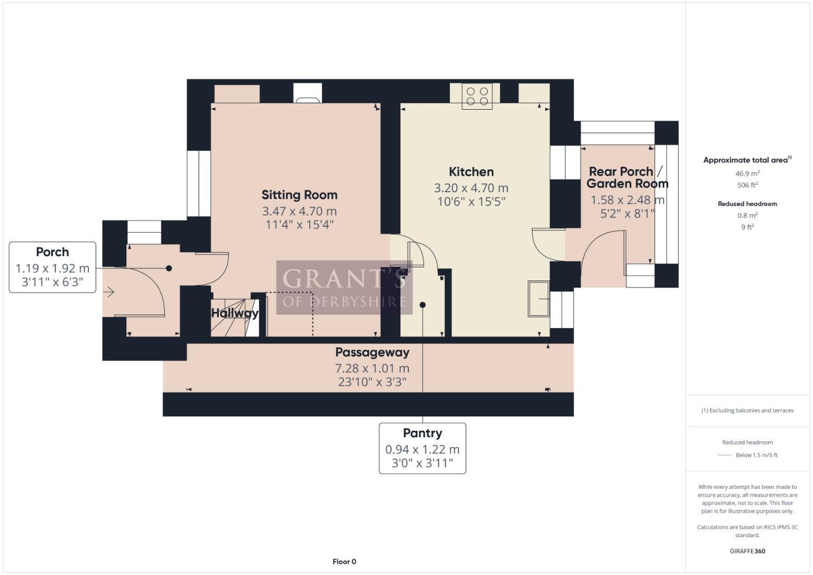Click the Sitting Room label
[x=299, y=195]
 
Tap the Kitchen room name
[x=471, y=171]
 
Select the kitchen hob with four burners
[x=477, y=96]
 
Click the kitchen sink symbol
[x=538, y=299]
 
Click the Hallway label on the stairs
[x=235, y=313]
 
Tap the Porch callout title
[x=52, y=252]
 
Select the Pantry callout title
[x=422, y=433]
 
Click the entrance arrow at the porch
[x=110, y=292]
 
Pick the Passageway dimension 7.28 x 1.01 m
[x=372, y=368]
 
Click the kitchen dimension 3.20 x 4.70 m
[x=471, y=188]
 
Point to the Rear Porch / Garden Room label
[x=627, y=178]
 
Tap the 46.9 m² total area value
[x=747, y=173]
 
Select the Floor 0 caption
[x=344, y=562]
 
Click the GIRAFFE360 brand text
[x=747, y=551]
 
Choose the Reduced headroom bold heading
[x=747, y=203]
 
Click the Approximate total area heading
[x=747, y=160]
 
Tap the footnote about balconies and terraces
[x=747, y=410]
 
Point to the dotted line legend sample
[x=724, y=455]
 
